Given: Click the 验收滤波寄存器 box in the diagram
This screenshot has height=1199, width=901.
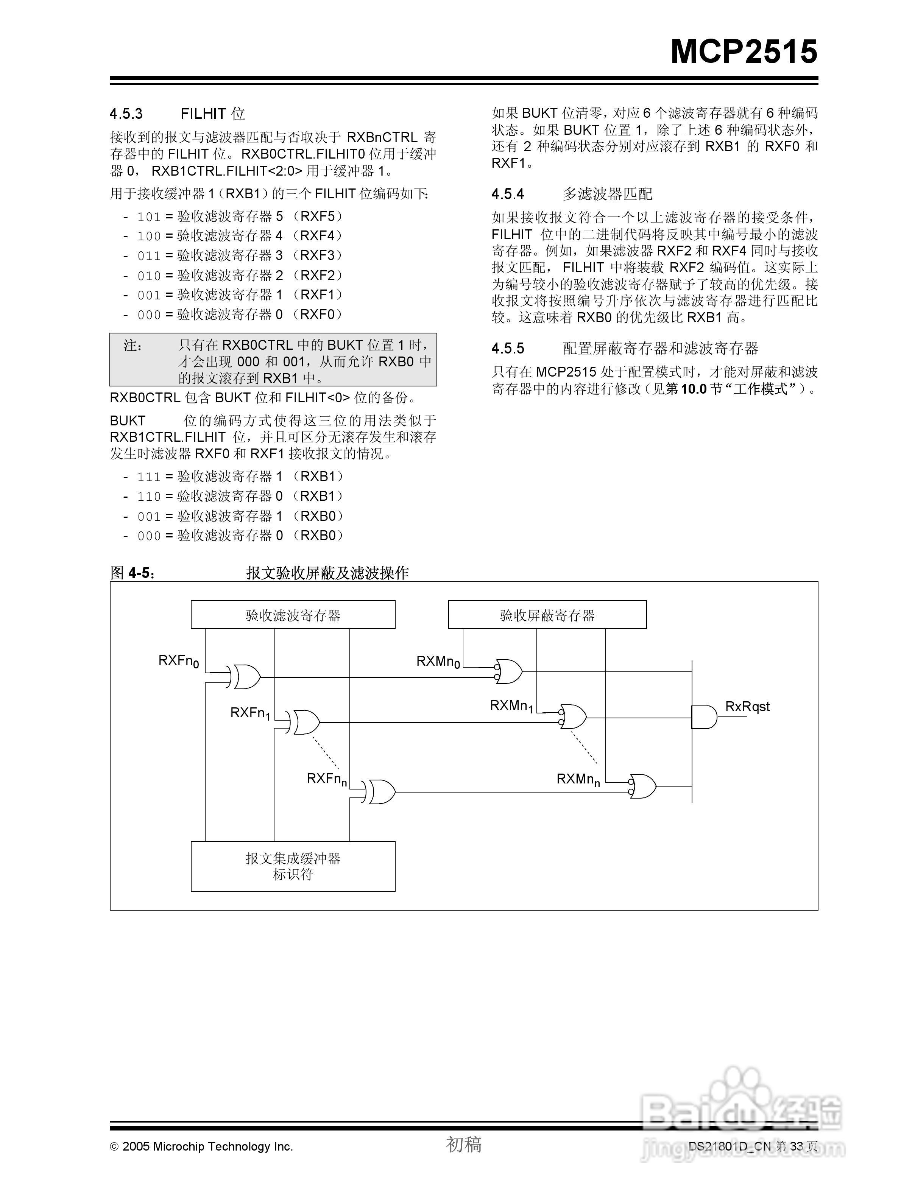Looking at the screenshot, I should (x=293, y=615).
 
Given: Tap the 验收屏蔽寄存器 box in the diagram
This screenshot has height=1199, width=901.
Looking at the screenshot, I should (x=547, y=615).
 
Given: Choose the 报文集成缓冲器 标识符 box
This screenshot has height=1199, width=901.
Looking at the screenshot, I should (x=293, y=866).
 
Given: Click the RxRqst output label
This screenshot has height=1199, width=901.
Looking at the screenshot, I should (x=747, y=706).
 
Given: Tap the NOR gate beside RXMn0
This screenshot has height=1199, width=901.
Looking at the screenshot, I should (x=508, y=672).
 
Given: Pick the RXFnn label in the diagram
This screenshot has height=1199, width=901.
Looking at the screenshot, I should (x=326, y=779).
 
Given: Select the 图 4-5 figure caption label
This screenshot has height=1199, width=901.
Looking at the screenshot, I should (x=132, y=573).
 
